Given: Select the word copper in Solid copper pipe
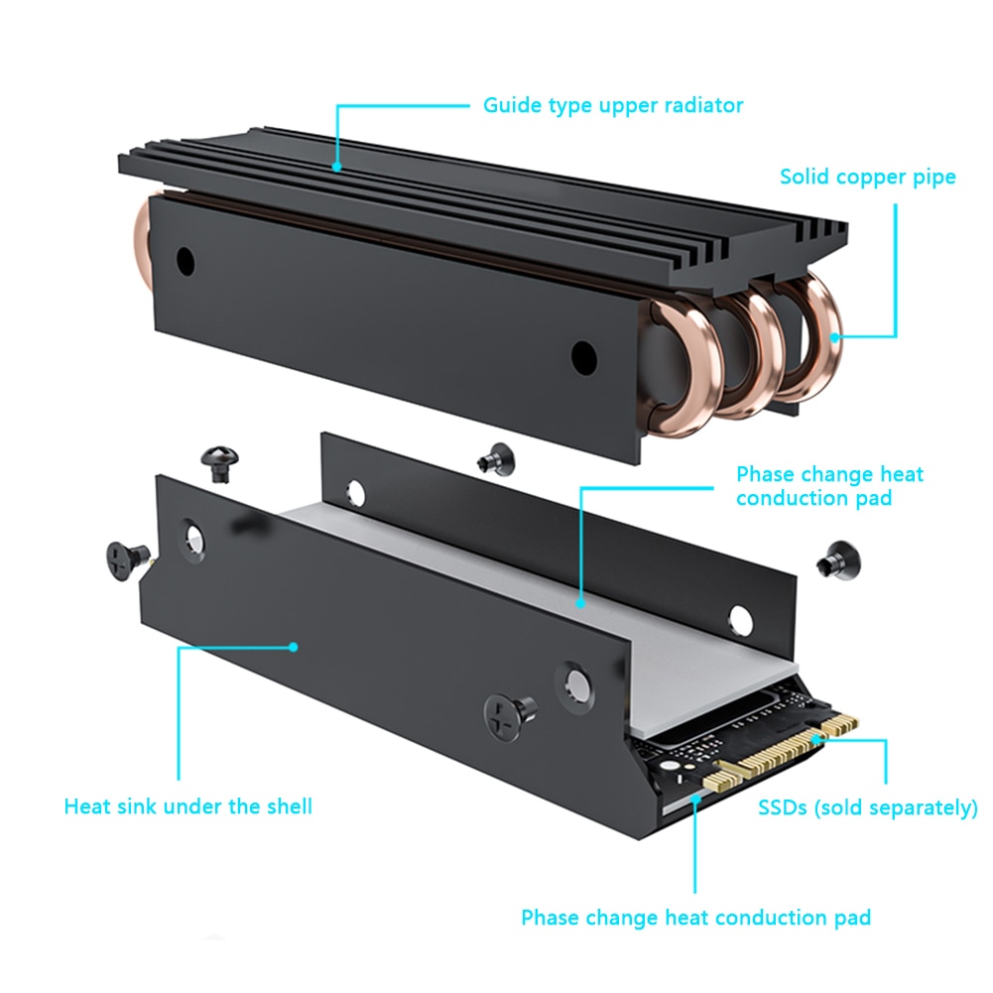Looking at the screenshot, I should pyautogui.click(x=871, y=178).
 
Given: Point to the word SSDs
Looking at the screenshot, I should pyautogui.click(x=784, y=808).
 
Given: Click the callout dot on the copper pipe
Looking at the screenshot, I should pyautogui.click(x=835, y=336).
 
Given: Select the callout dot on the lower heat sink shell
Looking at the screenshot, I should pyautogui.click(x=295, y=646).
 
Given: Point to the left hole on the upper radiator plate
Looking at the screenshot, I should pyautogui.click(x=185, y=261).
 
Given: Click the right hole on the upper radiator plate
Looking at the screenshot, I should pyautogui.click(x=583, y=355).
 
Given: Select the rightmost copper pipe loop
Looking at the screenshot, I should pyautogui.click(x=811, y=337).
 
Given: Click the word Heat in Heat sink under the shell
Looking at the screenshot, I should pyautogui.click(x=85, y=806).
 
